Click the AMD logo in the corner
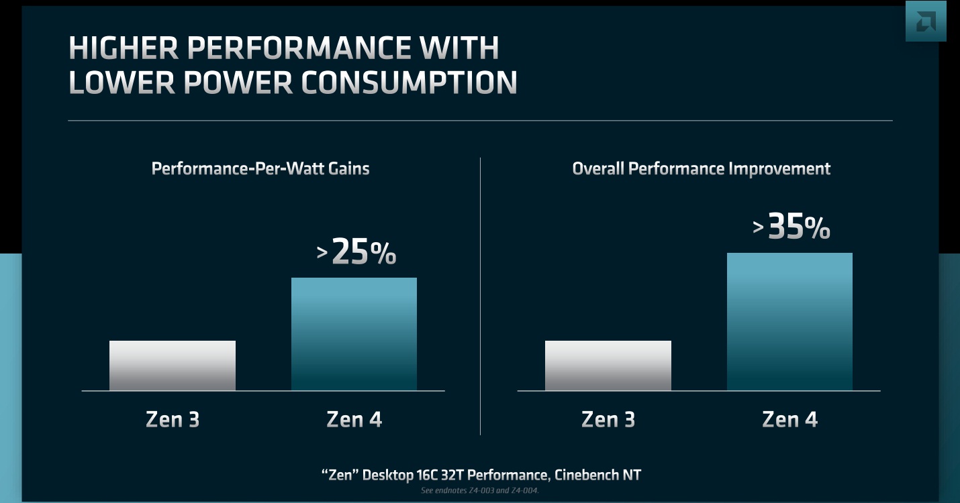(x=926, y=21)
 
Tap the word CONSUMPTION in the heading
(x=409, y=82)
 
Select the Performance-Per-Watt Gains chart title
(x=260, y=168)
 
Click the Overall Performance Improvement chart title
(x=701, y=168)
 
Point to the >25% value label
(x=356, y=252)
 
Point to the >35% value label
(x=791, y=227)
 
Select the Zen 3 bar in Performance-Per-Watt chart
(x=173, y=366)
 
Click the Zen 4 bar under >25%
(x=354, y=334)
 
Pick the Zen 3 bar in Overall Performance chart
(x=608, y=366)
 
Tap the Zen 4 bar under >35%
(x=789, y=322)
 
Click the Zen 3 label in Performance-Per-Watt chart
(x=173, y=420)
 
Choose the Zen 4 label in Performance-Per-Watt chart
(x=354, y=420)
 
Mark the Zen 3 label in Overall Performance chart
(x=608, y=420)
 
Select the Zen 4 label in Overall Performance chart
(x=789, y=420)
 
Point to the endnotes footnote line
(x=479, y=490)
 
